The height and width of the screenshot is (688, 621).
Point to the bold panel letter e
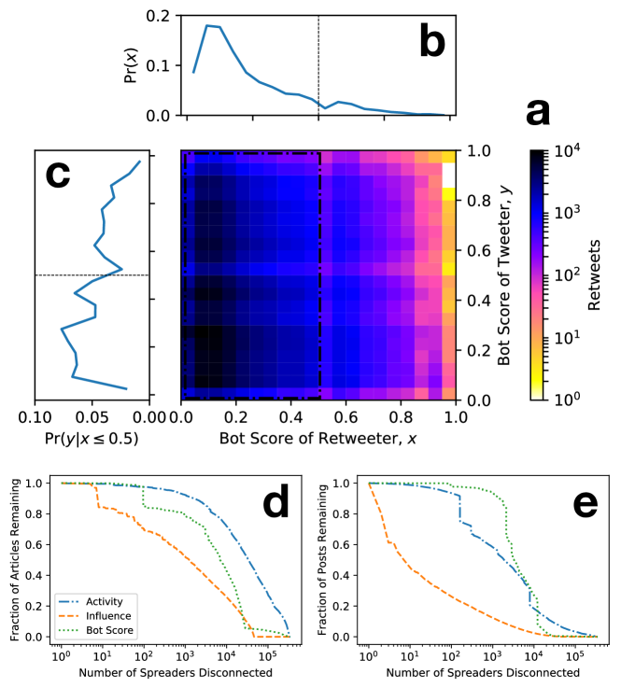coord(584,504)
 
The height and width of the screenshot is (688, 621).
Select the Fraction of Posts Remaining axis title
coord(323,560)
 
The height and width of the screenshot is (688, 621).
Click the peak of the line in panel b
coord(205,26)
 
